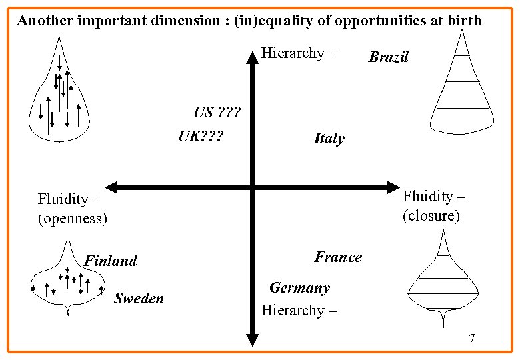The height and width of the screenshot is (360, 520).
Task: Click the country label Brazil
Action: click(x=388, y=57)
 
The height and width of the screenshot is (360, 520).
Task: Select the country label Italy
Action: click(x=329, y=139)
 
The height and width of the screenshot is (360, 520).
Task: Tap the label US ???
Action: click(x=216, y=111)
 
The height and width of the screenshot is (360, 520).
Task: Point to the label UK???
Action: click(x=201, y=137)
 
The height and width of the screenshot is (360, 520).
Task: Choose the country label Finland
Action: click(x=111, y=261)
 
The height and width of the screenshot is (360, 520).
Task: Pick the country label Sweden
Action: click(x=139, y=298)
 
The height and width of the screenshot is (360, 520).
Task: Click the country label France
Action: click(x=338, y=257)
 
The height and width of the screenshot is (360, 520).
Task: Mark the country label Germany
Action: click(x=299, y=288)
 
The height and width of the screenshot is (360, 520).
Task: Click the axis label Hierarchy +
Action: click(x=299, y=53)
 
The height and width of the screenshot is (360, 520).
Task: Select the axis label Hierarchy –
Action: click(x=299, y=310)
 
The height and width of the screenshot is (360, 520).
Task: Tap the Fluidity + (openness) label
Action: click(x=73, y=208)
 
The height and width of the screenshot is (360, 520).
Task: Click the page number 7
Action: click(x=472, y=338)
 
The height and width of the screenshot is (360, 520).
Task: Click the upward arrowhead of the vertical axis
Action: click(x=253, y=57)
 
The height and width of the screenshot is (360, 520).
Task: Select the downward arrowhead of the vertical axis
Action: click(x=253, y=341)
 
